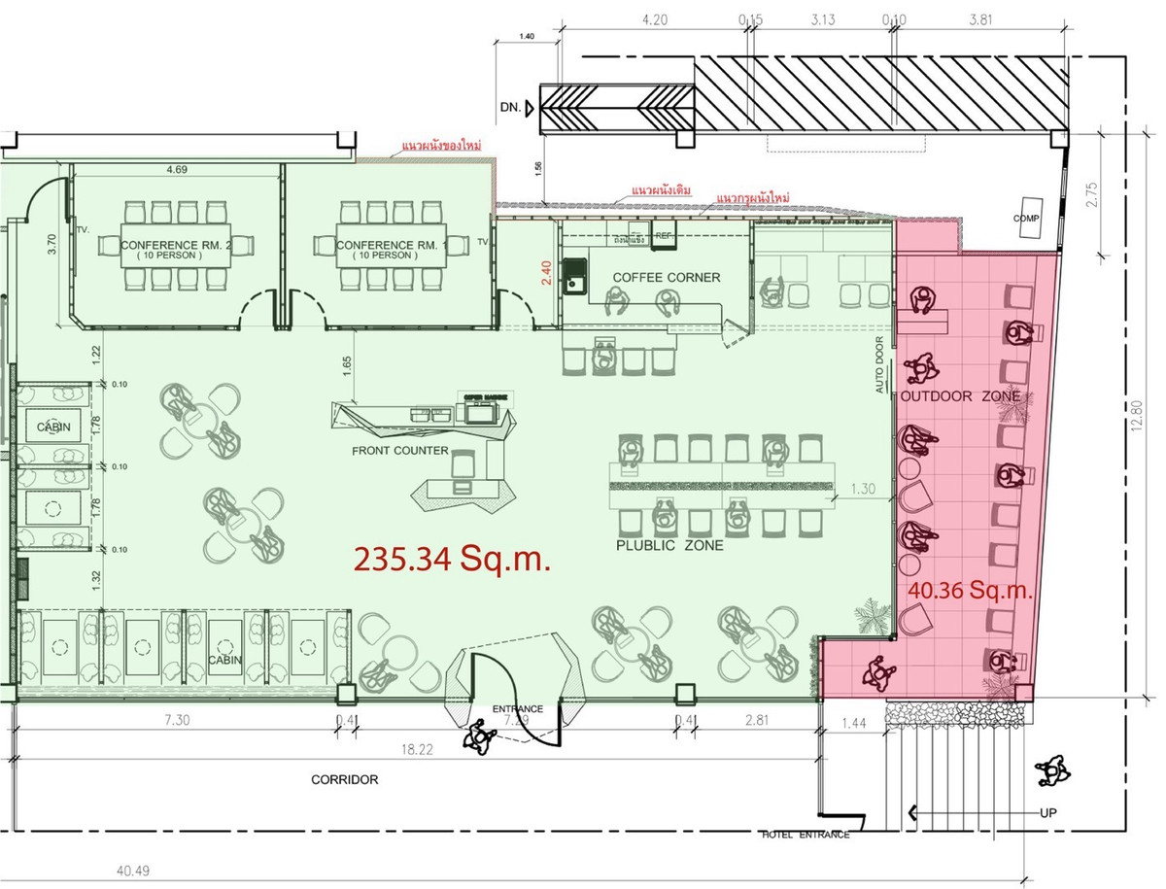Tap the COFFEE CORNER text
tap(666, 278)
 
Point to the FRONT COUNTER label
tap(400, 451)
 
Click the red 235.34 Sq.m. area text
tap(452, 560)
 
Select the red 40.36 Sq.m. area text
tap(970, 589)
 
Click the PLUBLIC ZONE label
tap(669, 546)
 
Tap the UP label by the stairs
tap(1046, 812)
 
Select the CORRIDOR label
tap(344, 779)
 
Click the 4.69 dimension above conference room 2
tap(176, 171)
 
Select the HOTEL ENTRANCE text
tap(806, 835)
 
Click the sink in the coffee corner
tap(576, 276)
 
